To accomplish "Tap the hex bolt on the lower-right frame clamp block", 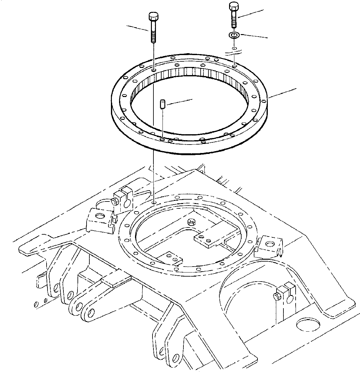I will [x=276, y=296].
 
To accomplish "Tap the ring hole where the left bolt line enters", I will [x=153, y=71].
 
